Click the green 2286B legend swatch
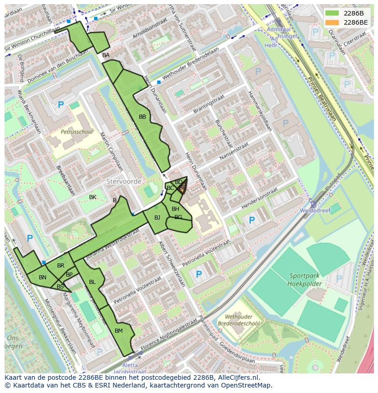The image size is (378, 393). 332,13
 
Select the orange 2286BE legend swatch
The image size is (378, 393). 332,22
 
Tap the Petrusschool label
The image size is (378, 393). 76,132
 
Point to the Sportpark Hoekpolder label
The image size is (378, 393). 305,279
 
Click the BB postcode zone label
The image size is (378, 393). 142,117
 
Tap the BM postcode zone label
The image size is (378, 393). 119,330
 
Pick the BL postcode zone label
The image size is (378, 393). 92,282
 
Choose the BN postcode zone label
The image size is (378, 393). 42,278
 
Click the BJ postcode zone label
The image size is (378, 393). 157,217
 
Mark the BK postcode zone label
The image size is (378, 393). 93,197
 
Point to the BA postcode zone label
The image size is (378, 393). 106,55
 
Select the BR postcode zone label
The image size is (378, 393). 61,266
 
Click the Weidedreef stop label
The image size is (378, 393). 314,210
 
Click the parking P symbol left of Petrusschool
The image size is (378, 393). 61,105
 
